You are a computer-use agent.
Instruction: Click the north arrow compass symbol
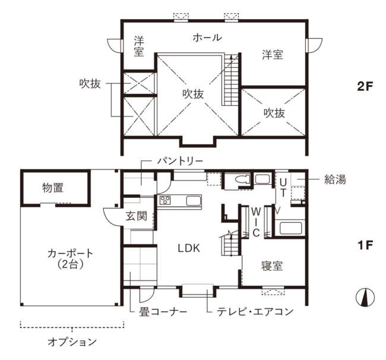(365, 298)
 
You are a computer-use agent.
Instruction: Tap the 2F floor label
(365, 86)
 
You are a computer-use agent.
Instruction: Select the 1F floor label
(365, 245)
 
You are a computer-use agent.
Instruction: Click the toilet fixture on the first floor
(241, 179)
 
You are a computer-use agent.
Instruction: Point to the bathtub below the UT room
(291, 229)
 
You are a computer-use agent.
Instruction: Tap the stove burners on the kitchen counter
(165, 200)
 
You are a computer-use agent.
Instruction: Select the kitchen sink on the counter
(194, 201)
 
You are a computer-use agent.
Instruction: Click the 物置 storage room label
(53, 188)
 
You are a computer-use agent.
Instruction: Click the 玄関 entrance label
(137, 216)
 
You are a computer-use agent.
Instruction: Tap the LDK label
(189, 248)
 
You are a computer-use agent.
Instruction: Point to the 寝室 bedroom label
(272, 266)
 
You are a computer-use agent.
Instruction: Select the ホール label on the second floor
(207, 37)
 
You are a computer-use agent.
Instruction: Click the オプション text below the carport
(72, 342)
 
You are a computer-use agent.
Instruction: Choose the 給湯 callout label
(335, 179)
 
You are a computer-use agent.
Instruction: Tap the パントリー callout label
(181, 161)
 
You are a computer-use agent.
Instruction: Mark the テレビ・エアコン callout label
(255, 311)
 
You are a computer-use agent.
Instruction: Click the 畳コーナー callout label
(163, 312)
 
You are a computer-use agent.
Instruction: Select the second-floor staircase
(231, 79)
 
